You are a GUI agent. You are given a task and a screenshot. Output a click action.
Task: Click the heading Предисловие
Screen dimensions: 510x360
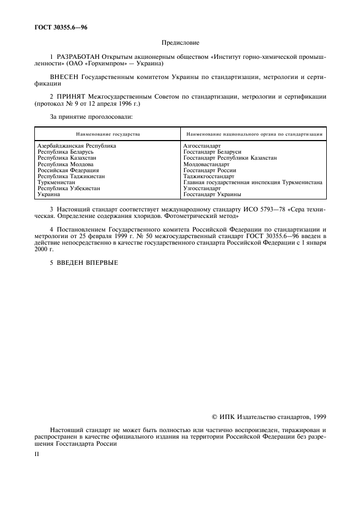[x=180, y=42]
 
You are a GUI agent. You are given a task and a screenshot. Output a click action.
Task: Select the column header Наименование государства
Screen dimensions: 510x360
[x=107, y=133]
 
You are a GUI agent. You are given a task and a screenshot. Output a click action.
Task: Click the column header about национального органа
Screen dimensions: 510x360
[x=254, y=133]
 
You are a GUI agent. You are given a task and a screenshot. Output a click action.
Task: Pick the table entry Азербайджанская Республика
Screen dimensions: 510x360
[x=76, y=146]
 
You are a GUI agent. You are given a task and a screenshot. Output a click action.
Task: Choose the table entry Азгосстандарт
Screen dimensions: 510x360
[x=202, y=146]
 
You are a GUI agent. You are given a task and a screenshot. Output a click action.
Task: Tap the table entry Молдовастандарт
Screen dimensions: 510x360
[x=206, y=164]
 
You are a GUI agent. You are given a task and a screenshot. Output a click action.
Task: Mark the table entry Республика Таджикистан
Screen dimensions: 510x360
[x=71, y=176]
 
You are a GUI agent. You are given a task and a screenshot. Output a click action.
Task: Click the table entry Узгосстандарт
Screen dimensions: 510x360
[x=202, y=188]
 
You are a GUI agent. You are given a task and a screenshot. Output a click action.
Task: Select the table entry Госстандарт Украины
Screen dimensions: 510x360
[x=212, y=194]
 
